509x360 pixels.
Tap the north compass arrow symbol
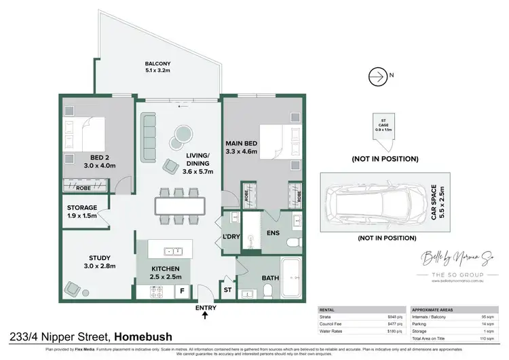tap(376, 77)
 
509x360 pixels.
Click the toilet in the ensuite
tap(293, 242)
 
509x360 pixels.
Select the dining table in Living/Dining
tap(179, 205)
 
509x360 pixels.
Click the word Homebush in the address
tap(143, 336)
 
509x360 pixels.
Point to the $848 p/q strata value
tap(394, 317)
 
